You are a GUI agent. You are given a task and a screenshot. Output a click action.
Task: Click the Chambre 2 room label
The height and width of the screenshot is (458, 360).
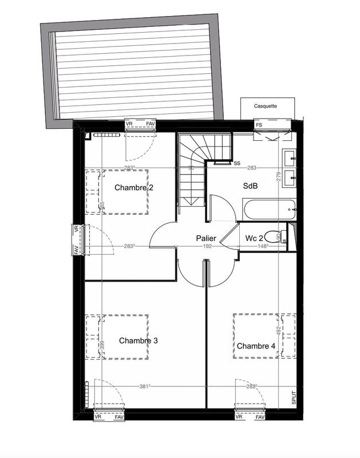[134, 188]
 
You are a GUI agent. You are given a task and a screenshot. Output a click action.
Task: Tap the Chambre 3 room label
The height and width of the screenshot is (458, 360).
[139, 341]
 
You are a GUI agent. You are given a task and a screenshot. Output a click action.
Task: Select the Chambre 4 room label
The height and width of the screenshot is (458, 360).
[256, 346]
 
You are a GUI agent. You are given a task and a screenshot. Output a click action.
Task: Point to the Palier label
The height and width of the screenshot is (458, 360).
[206, 238]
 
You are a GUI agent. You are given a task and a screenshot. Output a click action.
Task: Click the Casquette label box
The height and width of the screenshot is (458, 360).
[266, 106]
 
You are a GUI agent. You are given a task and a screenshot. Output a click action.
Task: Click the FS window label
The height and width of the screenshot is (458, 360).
[259, 124]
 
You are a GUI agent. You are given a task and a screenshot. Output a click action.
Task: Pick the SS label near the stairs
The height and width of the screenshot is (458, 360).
[236, 163]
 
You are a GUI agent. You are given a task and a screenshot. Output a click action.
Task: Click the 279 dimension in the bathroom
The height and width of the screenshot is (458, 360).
[279, 177]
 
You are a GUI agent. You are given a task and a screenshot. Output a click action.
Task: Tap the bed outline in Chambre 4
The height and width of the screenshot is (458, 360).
[264, 336]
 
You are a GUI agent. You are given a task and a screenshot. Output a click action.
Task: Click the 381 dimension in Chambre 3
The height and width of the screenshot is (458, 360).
[145, 386]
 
